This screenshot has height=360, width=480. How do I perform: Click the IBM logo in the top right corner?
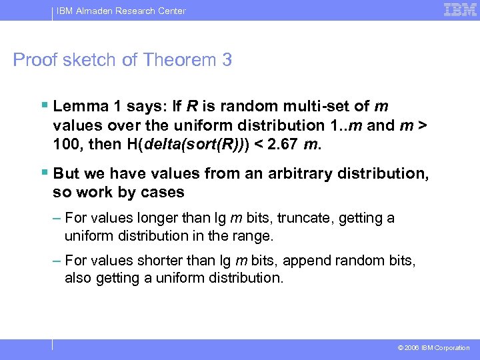coord(460,10)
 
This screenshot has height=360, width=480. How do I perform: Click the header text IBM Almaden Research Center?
coord(121,11)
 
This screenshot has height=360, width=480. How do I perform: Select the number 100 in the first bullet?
coord(66,144)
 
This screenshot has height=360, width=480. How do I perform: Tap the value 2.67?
coord(285,144)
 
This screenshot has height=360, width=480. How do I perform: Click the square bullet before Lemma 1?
coord(44,105)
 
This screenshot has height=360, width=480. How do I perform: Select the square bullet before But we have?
coord(44,173)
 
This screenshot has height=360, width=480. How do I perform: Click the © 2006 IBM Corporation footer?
coord(433,348)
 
